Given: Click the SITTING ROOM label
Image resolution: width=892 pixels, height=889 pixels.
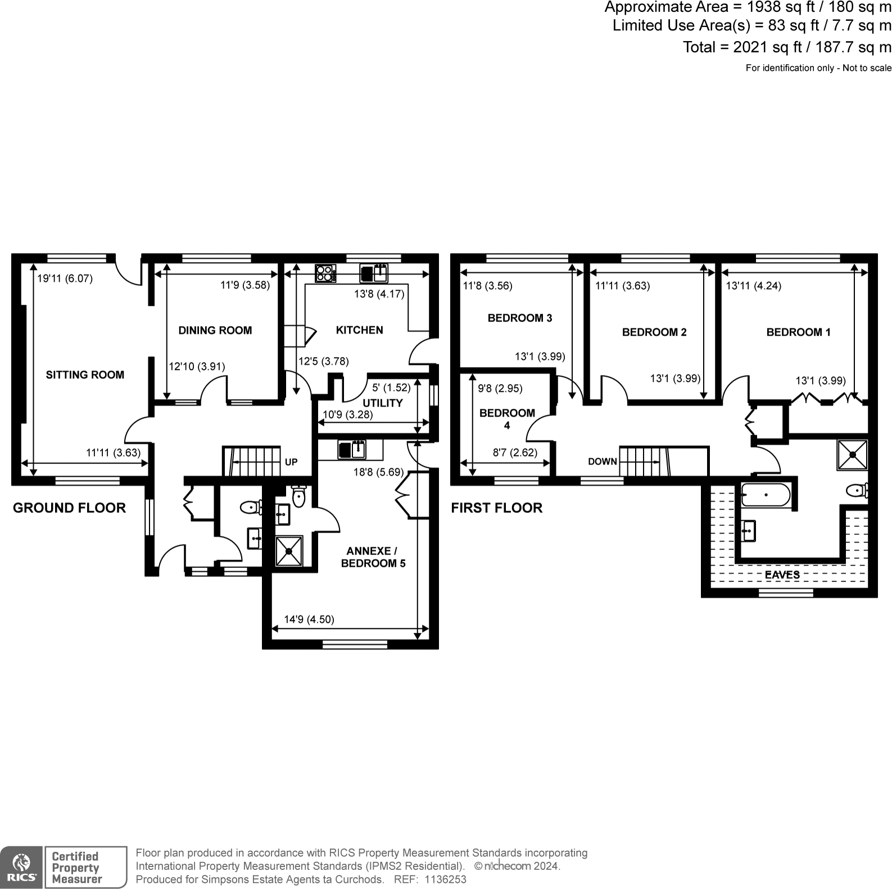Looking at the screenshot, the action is pos(85,375).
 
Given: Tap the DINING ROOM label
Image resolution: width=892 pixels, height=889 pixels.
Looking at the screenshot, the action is pos(215,331).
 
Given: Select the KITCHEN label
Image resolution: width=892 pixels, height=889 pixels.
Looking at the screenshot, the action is pos(360,330).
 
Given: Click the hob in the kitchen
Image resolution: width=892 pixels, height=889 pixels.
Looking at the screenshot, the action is pos(325,273).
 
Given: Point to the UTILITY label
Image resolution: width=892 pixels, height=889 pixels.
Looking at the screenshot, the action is pos(383,403).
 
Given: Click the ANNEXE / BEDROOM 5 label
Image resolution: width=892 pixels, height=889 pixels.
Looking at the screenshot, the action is pos(373,557).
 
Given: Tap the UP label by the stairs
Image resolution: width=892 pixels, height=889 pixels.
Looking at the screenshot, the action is pos(291,462).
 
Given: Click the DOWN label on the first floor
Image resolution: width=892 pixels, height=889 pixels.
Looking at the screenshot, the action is pos(603,462).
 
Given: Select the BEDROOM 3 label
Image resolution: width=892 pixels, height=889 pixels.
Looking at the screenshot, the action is pos(520,318).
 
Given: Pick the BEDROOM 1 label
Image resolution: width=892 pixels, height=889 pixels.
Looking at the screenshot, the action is pos(799,332).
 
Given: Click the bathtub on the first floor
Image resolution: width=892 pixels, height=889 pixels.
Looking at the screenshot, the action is pos(766,495).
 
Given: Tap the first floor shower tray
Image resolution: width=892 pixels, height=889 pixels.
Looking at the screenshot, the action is pos(853,454).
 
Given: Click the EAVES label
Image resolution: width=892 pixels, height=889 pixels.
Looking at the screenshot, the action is pos(782,575).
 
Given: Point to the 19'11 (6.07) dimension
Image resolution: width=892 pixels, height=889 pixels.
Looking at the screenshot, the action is pos(65,278).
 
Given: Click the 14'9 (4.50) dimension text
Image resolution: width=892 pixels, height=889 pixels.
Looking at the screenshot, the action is pos(309,620).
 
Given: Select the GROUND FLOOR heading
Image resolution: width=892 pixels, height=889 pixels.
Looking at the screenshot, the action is pos(69,508).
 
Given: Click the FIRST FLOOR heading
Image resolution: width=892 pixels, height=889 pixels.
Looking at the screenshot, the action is pos(497,508).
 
